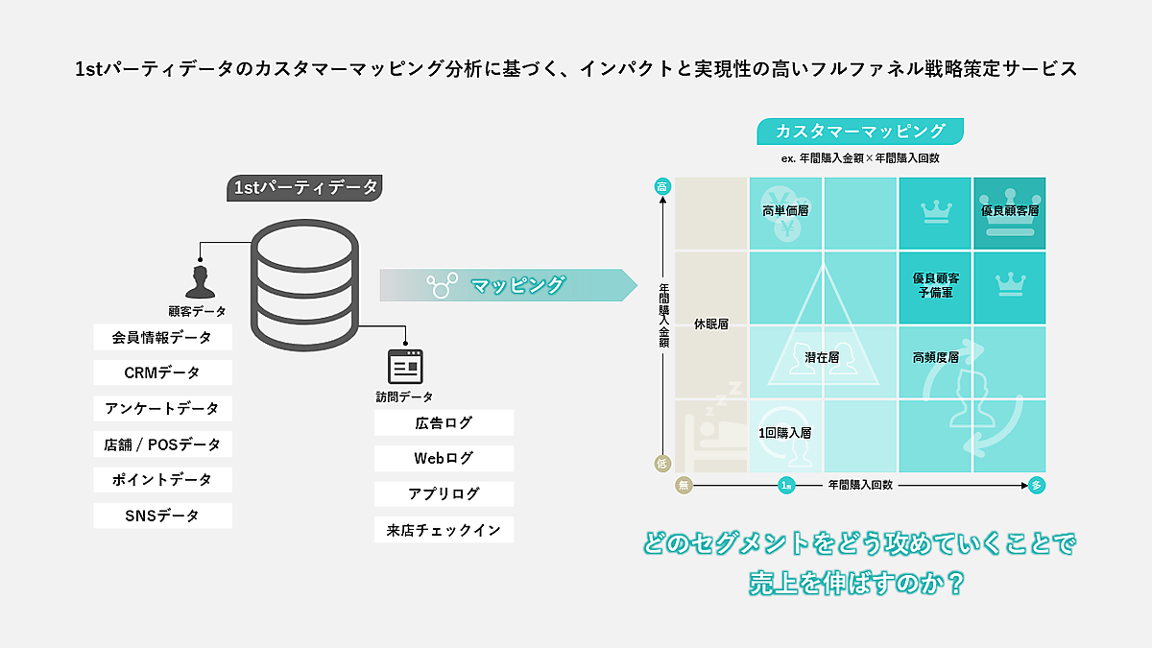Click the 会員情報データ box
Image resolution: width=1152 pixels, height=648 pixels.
click(162, 338)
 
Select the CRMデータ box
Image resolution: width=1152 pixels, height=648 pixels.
click(162, 372)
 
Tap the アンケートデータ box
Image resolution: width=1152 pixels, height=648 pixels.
click(162, 408)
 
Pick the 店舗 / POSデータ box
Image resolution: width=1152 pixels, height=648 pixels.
click(162, 444)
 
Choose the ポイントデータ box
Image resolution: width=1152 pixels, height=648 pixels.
click(162, 480)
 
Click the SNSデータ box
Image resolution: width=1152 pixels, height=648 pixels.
click(162, 516)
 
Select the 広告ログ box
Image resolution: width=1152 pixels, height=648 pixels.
click(444, 423)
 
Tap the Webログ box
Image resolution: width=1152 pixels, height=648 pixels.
click(444, 459)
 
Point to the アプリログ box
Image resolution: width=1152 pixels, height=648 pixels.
click(444, 494)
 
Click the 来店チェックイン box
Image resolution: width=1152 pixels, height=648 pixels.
click(444, 530)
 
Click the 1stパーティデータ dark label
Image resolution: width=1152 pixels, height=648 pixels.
click(306, 188)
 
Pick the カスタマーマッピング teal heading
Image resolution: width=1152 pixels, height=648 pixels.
click(860, 132)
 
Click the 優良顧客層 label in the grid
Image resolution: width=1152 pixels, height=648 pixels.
click(1010, 210)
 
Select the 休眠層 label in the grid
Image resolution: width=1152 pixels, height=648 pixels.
click(710, 324)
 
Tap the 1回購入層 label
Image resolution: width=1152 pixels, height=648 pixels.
click(785, 433)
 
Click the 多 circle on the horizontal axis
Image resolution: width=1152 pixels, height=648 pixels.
click(1036, 486)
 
